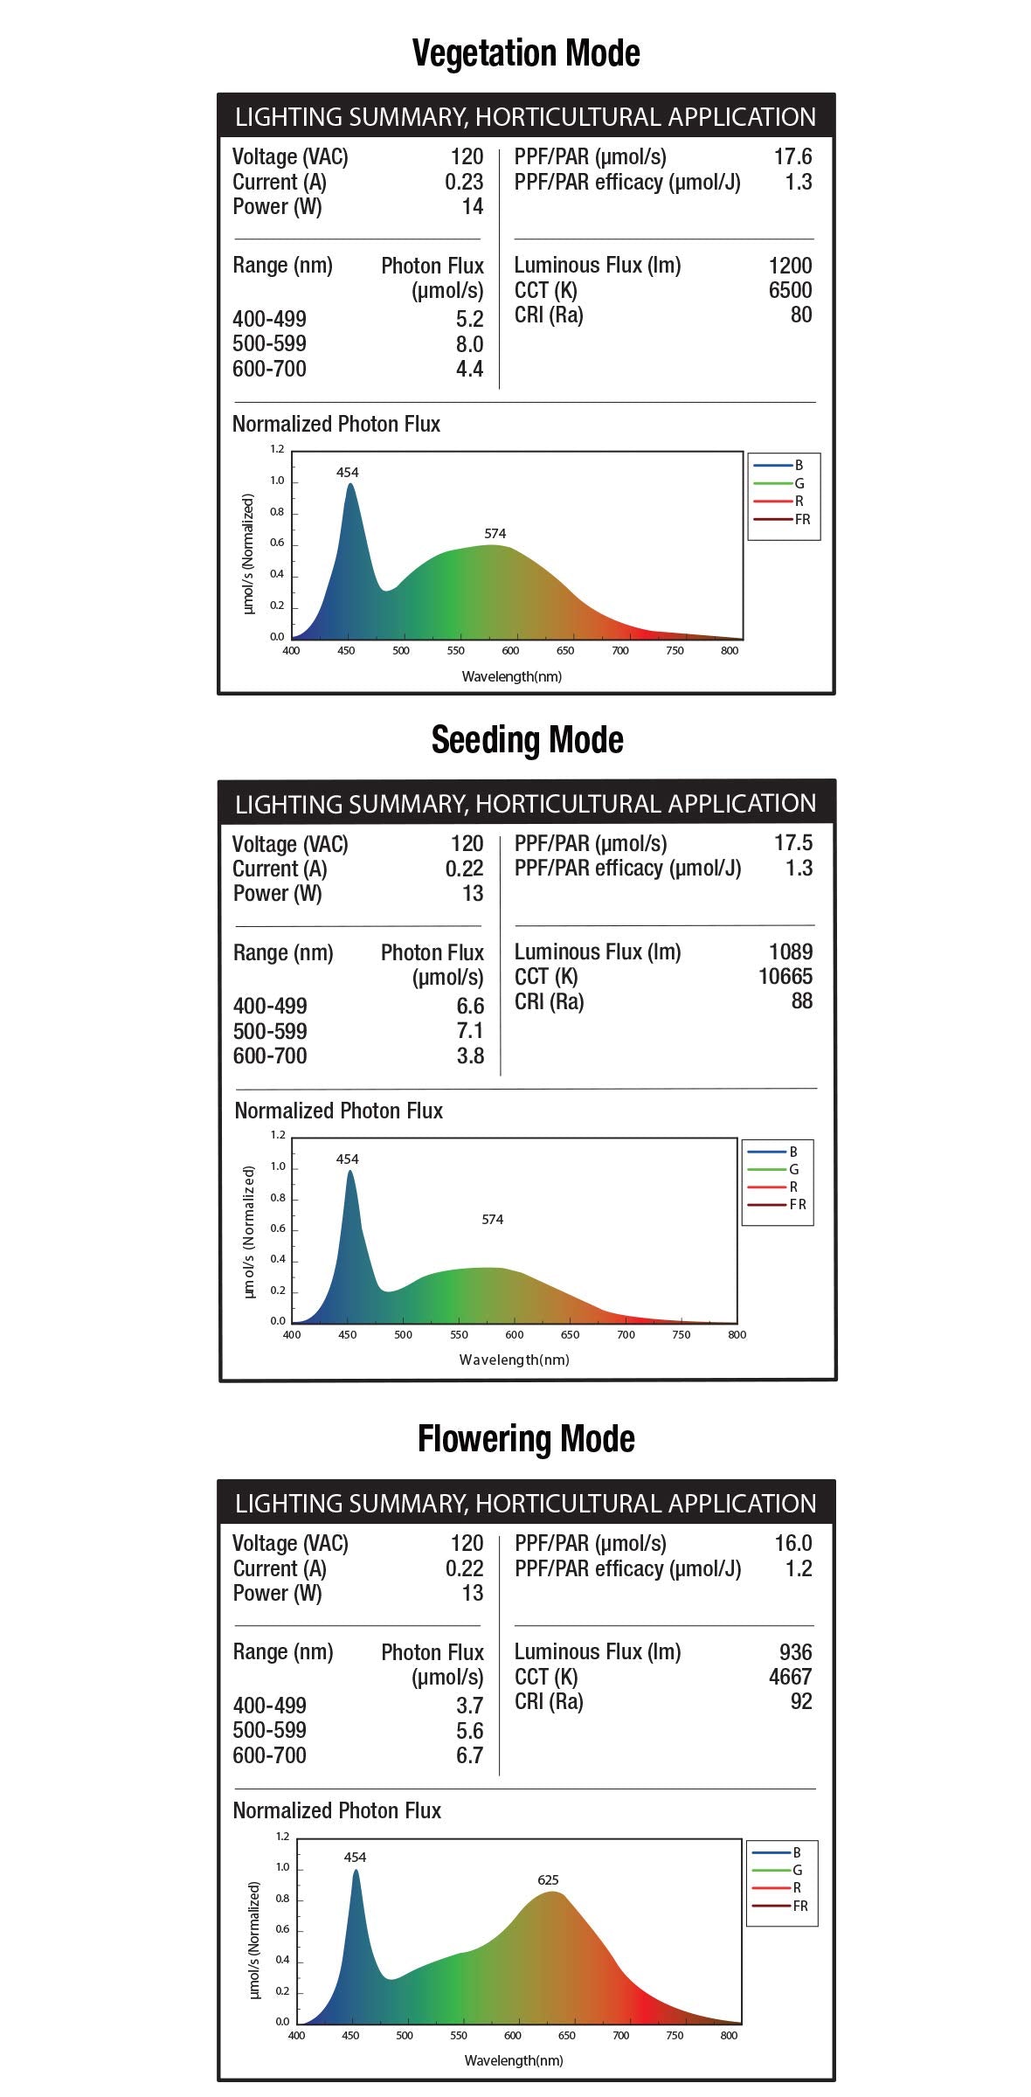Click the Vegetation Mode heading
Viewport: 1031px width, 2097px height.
[526, 53]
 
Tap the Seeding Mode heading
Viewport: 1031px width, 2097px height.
[527, 740]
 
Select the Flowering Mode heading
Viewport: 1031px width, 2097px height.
[526, 1439]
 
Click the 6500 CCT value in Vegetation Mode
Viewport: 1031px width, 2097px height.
[790, 290]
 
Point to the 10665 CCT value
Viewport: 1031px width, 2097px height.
[785, 977]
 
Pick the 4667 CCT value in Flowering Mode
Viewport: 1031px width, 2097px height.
[790, 1677]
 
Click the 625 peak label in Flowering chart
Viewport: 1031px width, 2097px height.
[548, 1879]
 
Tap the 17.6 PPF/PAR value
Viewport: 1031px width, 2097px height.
[792, 156]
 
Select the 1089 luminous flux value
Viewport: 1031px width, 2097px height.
[790, 952]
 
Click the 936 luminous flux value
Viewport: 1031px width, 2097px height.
[795, 1652]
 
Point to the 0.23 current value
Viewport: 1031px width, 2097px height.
[464, 182]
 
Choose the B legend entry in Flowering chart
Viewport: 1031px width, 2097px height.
[775, 1851]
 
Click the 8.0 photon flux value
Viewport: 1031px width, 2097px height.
[469, 344]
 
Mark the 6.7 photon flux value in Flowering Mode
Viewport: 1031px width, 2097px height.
[469, 1755]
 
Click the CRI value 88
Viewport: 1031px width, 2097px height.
[801, 1001]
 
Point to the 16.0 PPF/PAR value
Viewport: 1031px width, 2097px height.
[792, 1543]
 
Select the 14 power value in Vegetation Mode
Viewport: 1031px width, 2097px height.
[473, 206]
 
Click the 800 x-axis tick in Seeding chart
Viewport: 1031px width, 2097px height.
[737, 1334]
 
